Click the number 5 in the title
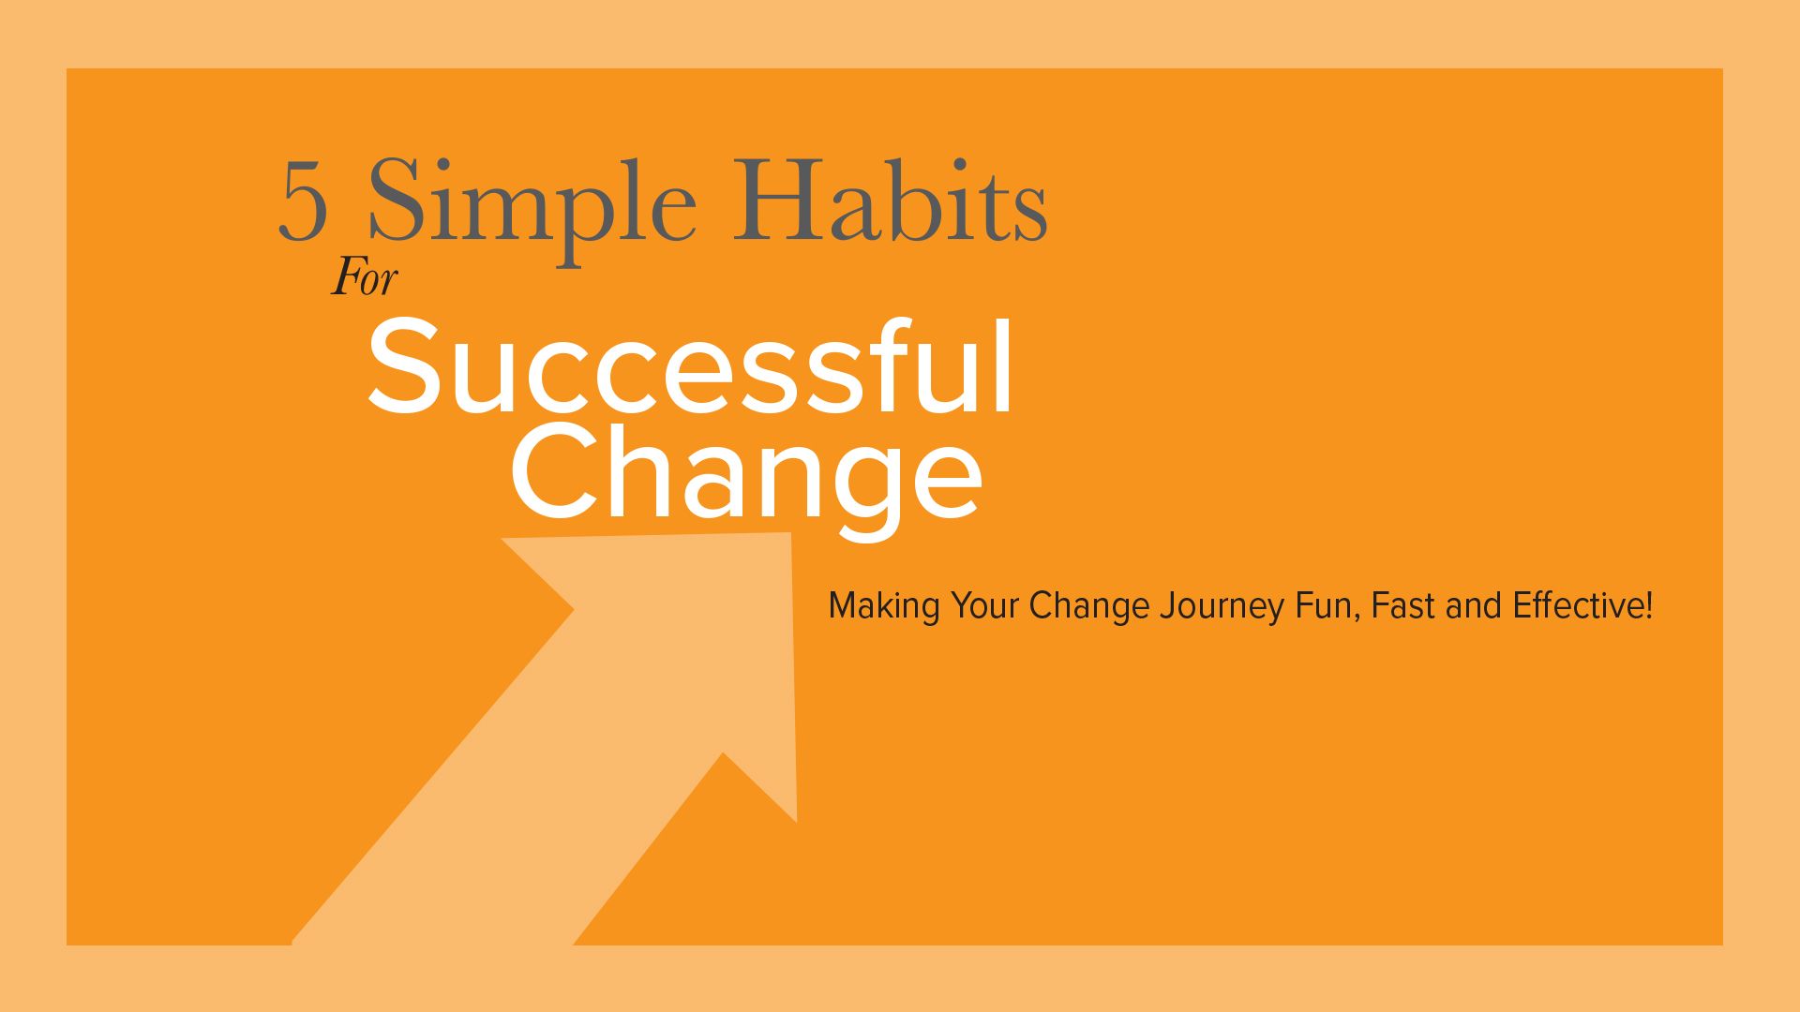[303, 202]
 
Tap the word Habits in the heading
[889, 199]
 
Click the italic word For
[365, 278]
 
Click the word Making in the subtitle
[884, 607]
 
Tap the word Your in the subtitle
[984, 605]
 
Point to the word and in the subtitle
[1474, 605]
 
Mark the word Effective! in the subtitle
[1582, 605]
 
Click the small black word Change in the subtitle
[1089, 607]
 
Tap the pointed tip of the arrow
[791, 534]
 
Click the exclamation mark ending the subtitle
[1648, 605]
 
